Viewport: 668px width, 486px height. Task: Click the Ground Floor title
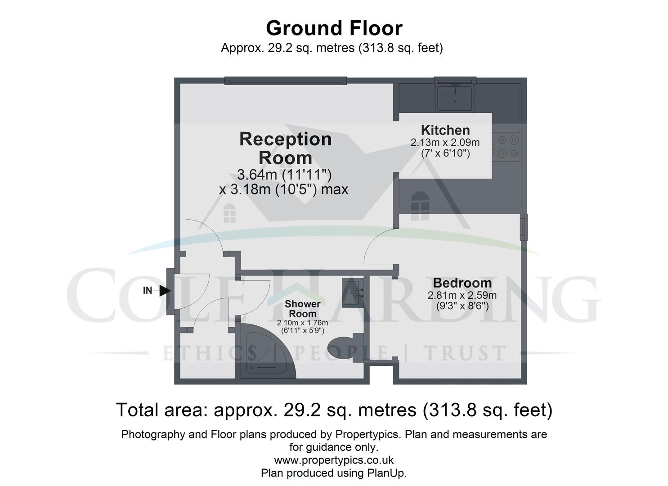pyautogui.click(x=334, y=28)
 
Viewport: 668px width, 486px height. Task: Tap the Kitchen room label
pyautogui.click(x=445, y=130)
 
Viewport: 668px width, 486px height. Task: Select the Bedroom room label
pyautogui.click(x=462, y=283)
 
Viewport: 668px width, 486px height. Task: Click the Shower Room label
pyautogui.click(x=302, y=309)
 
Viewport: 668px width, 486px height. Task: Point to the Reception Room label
pyautogui.click(x=285, y=148)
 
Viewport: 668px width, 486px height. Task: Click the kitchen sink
pyautogui.click(x=454, y=97)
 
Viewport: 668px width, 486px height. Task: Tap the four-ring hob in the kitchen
pyautogui.click(x=507, y=147)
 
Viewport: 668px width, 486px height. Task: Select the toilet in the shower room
pyautogui.click(x=346, y=348)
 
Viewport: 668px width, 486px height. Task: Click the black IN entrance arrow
pyautogui.click(x=165, y=291)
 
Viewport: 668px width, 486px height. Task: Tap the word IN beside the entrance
pyautogui.click(x=147, y=291)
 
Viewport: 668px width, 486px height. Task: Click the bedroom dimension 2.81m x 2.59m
pyautogui.click(x=462, y=295)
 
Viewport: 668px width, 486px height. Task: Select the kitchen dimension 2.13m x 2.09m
pyautogui.click(x=445, y=143)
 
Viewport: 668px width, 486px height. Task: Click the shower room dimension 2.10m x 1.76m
pyautogui.click(x=302, y=323)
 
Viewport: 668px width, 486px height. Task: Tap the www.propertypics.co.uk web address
pyautogui.click(x=334, y=460)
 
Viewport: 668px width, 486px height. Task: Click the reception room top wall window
pyautogui.click(x=285, y=81)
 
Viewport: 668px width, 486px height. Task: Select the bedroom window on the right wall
pyautogui.click(x=524, y=227)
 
